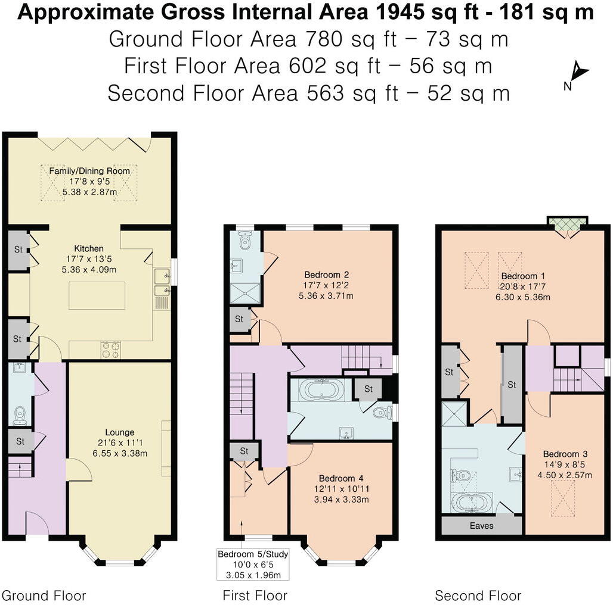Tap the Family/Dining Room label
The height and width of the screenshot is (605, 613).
coord(89,171)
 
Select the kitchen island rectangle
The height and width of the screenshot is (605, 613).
coord(97,296)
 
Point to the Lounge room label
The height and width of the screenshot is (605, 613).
coord(120,432)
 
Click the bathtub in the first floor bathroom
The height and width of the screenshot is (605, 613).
coord(322,391)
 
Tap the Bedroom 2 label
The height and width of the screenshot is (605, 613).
coord(326,275)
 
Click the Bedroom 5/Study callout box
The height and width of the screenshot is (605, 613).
coord(253,565)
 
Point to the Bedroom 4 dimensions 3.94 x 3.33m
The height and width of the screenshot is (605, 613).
coord(340,499)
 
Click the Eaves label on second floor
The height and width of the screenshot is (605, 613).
coord(481,526)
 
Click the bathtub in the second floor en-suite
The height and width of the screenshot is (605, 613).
coord(471,501)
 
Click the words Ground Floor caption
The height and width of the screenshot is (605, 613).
coord(44,595)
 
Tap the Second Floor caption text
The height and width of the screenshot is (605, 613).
coord(478,595)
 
